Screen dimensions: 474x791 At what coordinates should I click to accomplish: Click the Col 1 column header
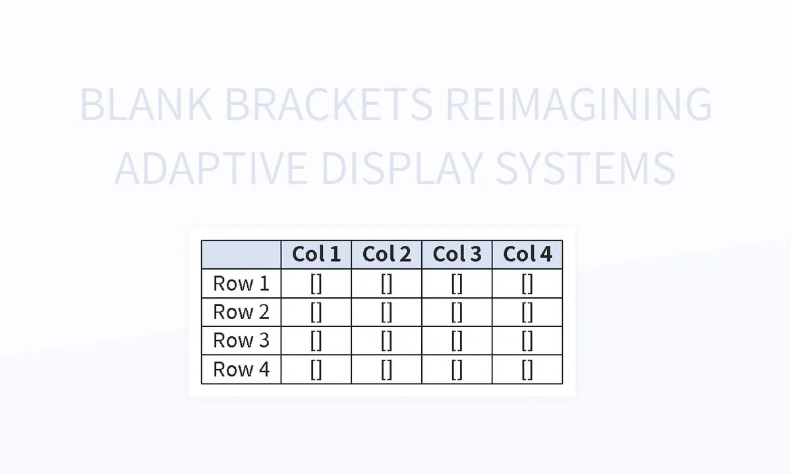(x=316, y=254)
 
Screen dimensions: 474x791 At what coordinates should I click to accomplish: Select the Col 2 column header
(x=386, y=254)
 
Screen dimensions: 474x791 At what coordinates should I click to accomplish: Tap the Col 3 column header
(x=457, y=254)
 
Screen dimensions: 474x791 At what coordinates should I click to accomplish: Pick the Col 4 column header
(x=527, y=254)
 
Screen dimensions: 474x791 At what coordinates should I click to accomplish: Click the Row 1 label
(x=241, y=283)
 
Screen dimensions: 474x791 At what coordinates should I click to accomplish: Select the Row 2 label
(x=241, y=312)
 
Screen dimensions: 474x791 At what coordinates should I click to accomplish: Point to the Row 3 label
(x=241, y=341)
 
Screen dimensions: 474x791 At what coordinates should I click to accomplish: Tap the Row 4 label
(x=241, y=370)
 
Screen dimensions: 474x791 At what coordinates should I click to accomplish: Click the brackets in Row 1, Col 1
(x=316, y=283)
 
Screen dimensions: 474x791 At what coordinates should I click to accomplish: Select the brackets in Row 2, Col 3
(x=457, y=312)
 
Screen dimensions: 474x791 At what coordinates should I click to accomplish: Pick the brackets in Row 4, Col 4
(x=527, y=370)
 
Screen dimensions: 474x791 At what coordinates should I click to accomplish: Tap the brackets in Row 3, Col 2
(x=386, y=341)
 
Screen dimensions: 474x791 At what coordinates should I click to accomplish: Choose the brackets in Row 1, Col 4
(x=527, y=283)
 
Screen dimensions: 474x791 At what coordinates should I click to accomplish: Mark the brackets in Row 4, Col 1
(x=316, y=370)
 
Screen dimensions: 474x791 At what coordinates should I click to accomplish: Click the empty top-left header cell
(x=241, y=254)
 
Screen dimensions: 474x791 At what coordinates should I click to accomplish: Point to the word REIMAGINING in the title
(x=579, y=105)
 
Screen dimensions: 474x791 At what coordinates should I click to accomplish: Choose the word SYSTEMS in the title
(x=585, y=168)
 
